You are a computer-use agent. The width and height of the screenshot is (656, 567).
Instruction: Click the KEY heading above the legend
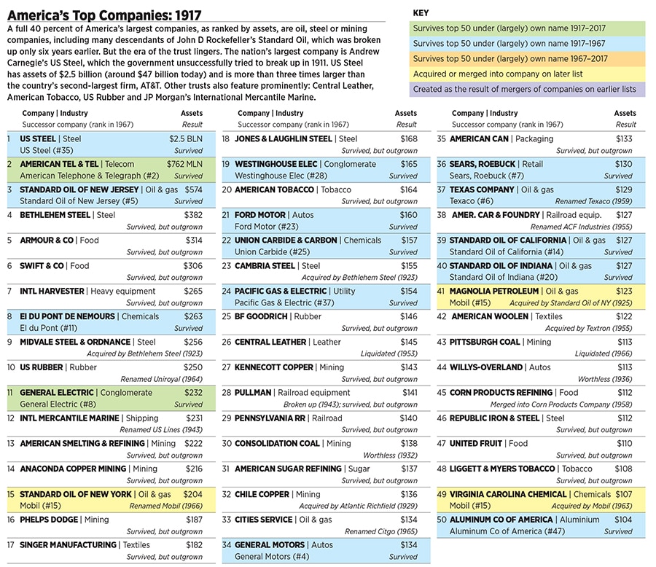click(421, 13)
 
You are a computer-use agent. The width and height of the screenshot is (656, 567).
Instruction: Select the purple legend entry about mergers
click(524, 90)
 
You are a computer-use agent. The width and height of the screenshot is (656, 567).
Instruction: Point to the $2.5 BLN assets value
click(186, 138)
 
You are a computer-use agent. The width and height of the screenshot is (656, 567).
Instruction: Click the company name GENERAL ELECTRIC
click(57, 392)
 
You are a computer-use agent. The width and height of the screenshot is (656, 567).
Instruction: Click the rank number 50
click(441, 520)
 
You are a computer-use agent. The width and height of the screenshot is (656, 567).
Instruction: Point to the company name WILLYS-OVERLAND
click(486, 367)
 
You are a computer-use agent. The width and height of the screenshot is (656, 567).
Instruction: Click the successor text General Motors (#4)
click(270, 557)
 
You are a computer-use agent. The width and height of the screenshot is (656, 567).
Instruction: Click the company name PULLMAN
click(254, 392)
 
